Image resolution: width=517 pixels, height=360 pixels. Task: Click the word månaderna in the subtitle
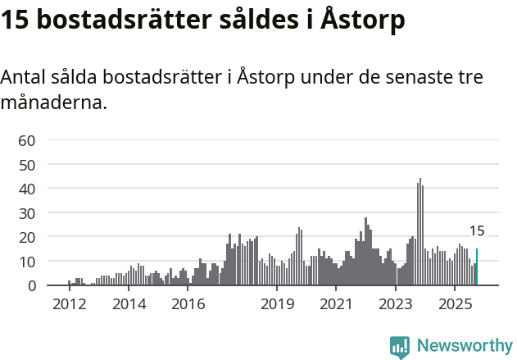[x=54, y=104]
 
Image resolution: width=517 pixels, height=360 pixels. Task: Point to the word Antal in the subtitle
[x=25, y=78]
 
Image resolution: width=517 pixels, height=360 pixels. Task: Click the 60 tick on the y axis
[x=26, y=140]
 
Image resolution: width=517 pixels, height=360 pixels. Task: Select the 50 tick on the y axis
[x=26, y=165]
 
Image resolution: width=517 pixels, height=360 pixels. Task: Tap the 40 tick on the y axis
[x=26, y=189]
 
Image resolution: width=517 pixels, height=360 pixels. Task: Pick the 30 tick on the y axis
[x=26, y=213]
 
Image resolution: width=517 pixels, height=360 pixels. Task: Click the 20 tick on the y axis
[x=26, y=237]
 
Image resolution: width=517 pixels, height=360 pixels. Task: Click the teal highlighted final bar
[x=477, y=267]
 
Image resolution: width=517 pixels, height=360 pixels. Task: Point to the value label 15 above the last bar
[x=477, y=231]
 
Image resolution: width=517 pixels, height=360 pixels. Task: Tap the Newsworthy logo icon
[x=400, y=347]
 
